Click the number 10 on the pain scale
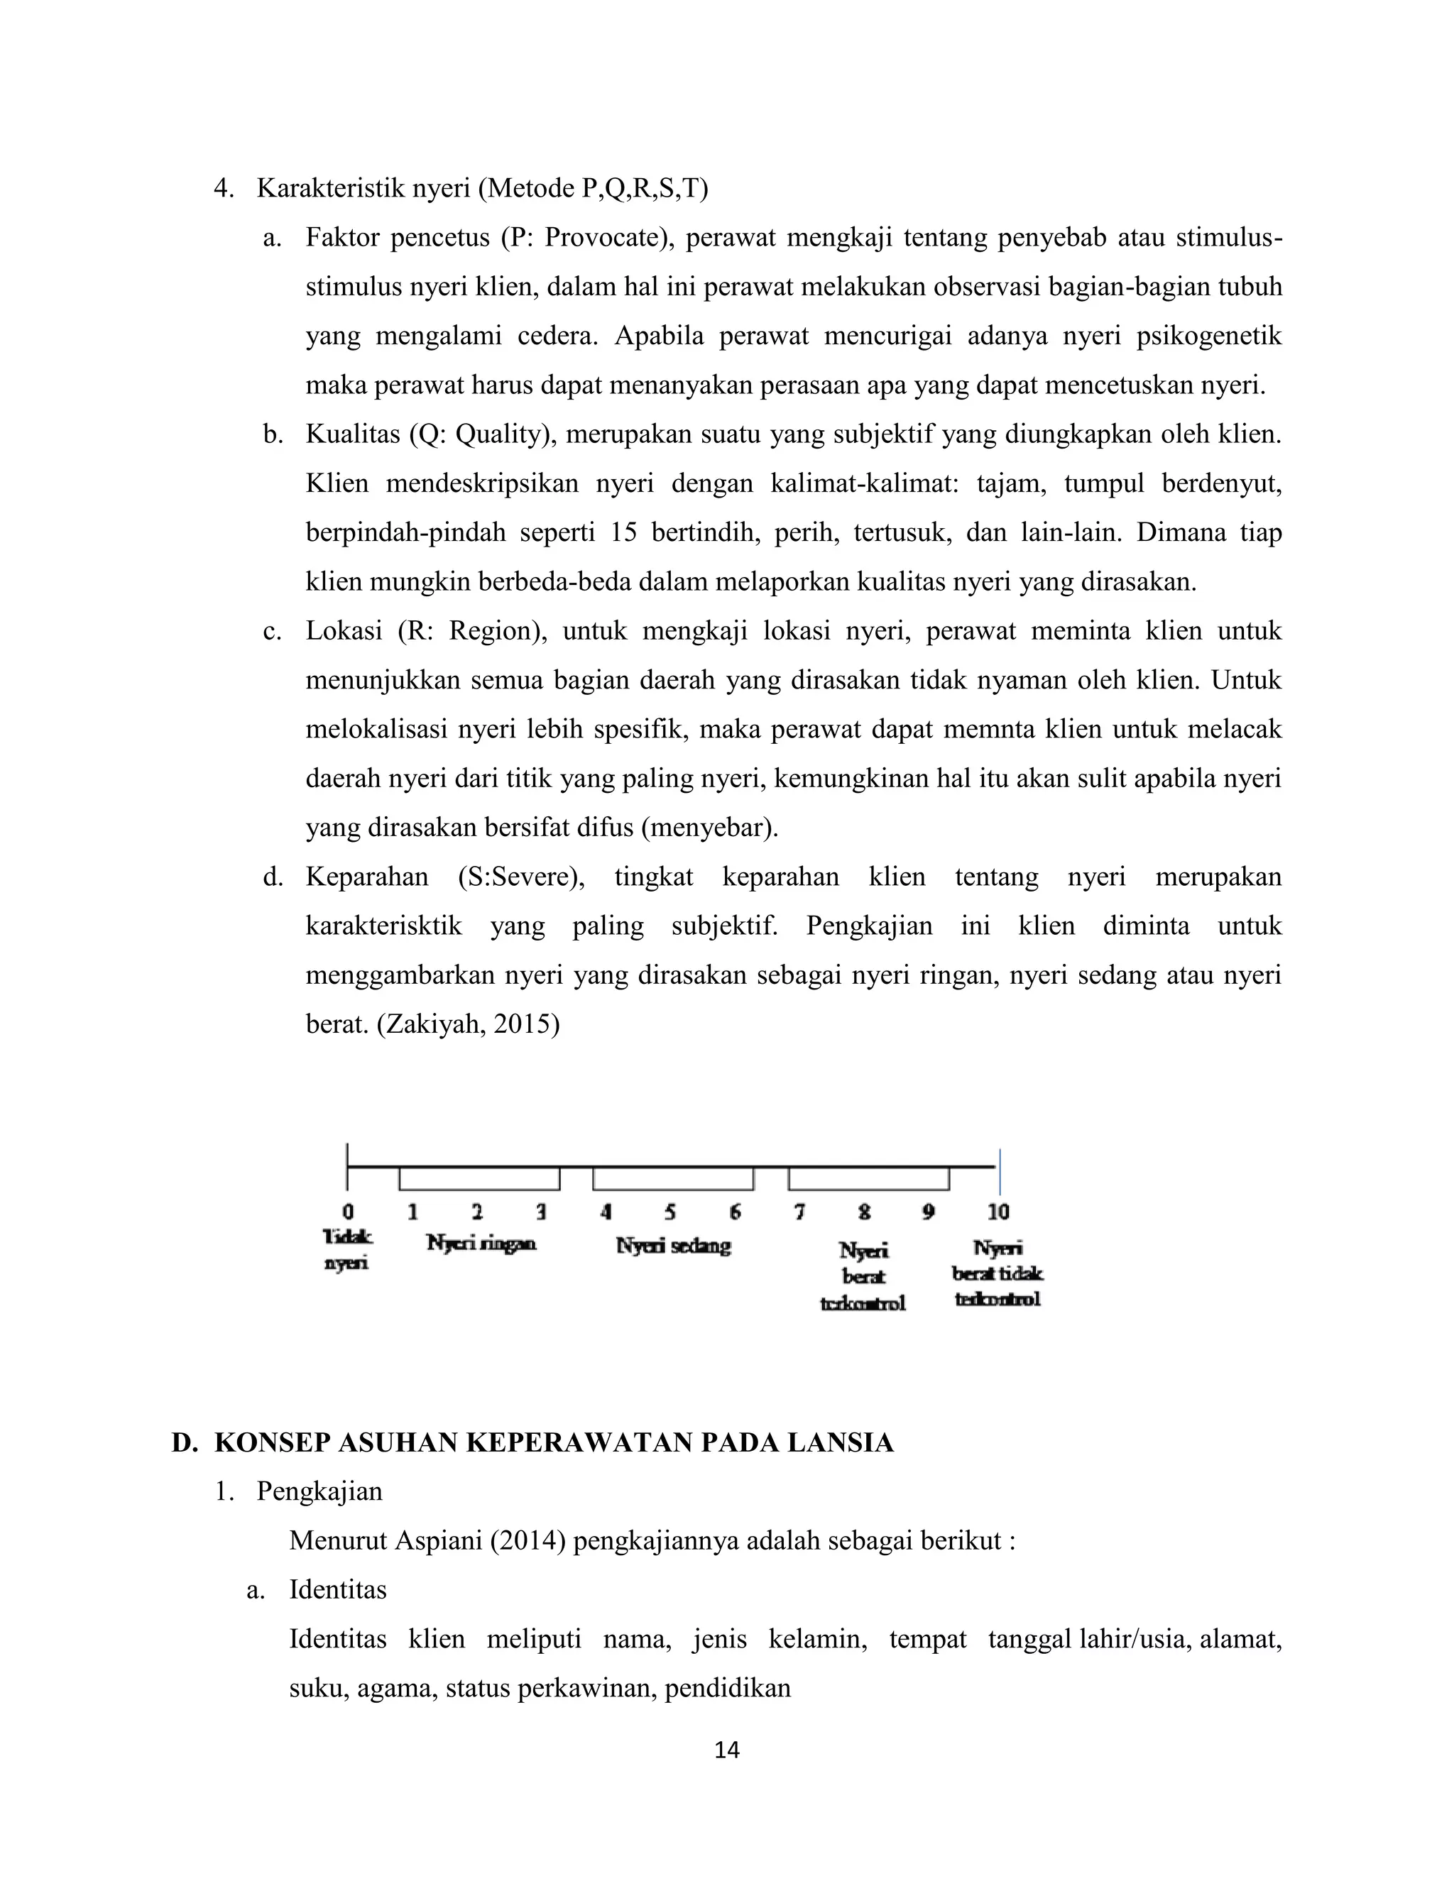tap(997, 1212)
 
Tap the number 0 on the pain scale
tap(348, 1212)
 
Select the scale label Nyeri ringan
tap(481, 1244)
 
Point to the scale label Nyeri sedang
tap(674, 1246)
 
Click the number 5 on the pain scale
tap(670, 1212)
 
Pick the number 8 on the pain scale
tap(864, 1212)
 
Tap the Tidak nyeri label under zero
tap(347, 1250)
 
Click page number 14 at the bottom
tap(726, 1750)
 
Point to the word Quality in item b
tap(501, 434)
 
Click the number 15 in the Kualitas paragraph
tap(623, 532)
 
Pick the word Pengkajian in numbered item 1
tap(319, 1492)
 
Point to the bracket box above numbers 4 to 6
tap(673, 1178)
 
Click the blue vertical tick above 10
tap(999, 1171)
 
